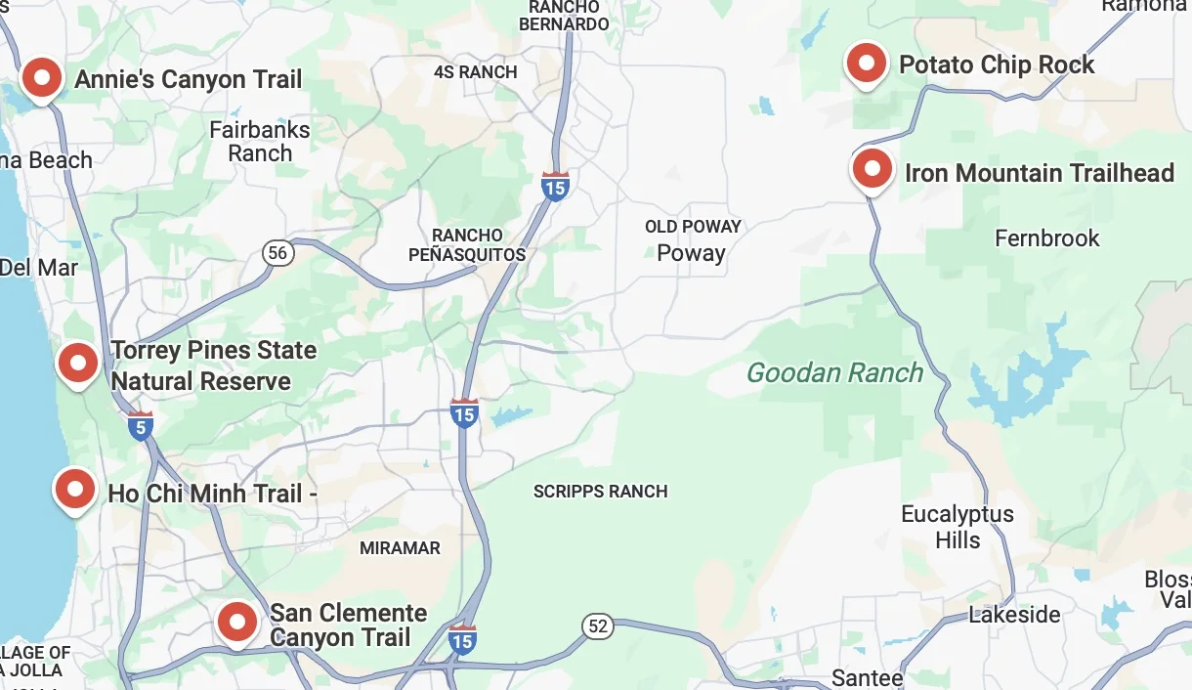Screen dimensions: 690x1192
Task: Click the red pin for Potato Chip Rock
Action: (866, 65)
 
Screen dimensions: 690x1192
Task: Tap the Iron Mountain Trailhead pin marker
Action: (873, 171)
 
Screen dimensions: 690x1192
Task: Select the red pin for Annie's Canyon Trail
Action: (42, 78)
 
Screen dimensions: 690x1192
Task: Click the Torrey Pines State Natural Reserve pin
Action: (78, 364)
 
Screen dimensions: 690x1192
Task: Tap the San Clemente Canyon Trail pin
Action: (236, 622)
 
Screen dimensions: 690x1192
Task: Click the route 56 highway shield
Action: (278, 253)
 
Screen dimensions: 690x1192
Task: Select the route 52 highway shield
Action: (598, 625)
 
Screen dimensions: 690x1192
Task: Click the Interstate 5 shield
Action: (141, 425)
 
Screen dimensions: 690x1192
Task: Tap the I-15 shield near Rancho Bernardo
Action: (555, 186)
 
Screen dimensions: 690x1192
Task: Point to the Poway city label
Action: (691, 253)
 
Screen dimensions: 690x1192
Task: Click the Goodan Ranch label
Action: (834, 372)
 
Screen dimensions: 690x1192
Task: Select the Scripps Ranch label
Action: (600, 492)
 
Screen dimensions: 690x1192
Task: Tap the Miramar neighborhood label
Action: (400, 548)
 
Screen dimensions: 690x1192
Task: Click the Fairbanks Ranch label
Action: (260, 142)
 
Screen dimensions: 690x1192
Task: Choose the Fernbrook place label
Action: (1046, 238)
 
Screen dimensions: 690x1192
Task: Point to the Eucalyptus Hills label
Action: (957, 527)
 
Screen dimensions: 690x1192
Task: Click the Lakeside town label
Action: (1014, 615)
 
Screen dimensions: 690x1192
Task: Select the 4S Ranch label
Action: (475, 72)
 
